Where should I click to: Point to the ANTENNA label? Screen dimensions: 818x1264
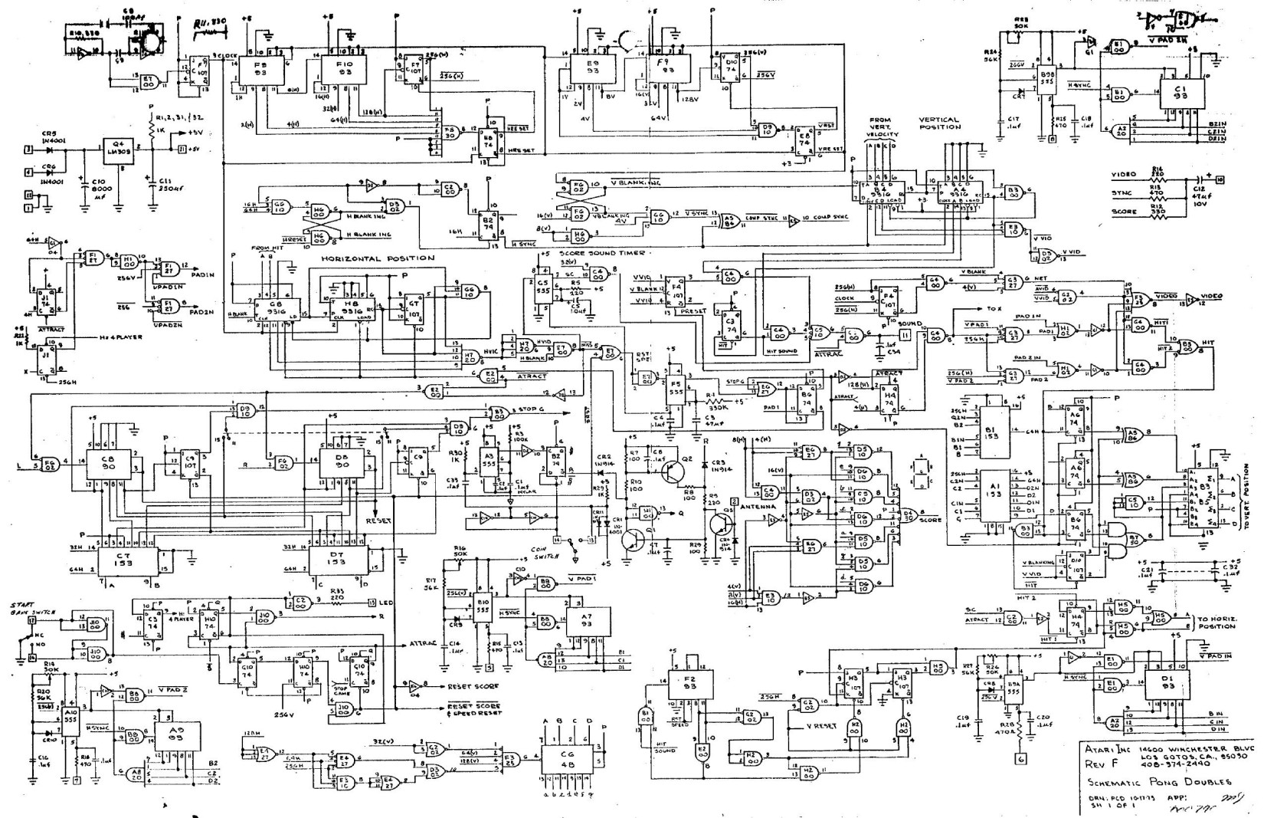758,506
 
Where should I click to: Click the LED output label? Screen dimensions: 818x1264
383,602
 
